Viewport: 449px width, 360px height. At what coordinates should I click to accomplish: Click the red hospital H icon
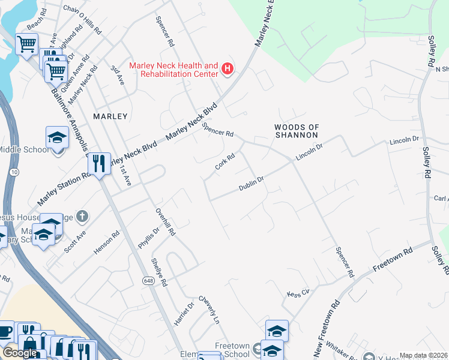[228, 70]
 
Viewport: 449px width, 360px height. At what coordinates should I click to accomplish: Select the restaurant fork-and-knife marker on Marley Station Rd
[98, 163]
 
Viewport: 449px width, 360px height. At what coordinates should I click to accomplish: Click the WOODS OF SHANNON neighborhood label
[295, 131]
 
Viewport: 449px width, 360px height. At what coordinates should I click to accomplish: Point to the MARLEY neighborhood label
[110, 116]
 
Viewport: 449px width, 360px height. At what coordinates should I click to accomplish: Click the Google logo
[19, 353]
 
